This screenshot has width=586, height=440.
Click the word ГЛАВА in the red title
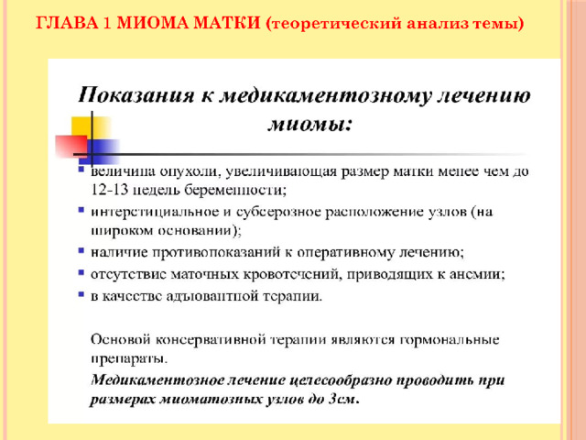pyautogui.click(x=67, y=23)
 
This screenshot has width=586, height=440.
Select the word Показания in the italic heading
pyautogui.click(x=136, y=95)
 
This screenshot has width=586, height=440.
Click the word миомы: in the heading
pyautogui.click(x=309, y=124)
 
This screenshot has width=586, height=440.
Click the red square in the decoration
pyautogui.click(x=71, y=147)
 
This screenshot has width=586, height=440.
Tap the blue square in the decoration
pyautogui.click(x=103, y=151)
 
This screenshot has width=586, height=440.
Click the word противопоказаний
pyautogui.click(x=216, y=253)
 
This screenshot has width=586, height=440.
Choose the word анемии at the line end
pyautogui.click(x=476, y=274)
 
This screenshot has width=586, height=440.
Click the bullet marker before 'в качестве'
pyautogui.click(x=81, y=294)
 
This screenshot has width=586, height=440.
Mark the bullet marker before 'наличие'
pyautogui.click(x=81, y=250)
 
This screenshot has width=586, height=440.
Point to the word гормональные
pyautogui.click(x=450, y=340)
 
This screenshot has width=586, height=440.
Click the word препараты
pyautogui.click(x=129, y=358)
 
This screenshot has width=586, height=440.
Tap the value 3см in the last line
pyautogui.click(x=344, y=400)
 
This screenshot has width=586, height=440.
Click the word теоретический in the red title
pyautogui.click(x=333, y=24)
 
